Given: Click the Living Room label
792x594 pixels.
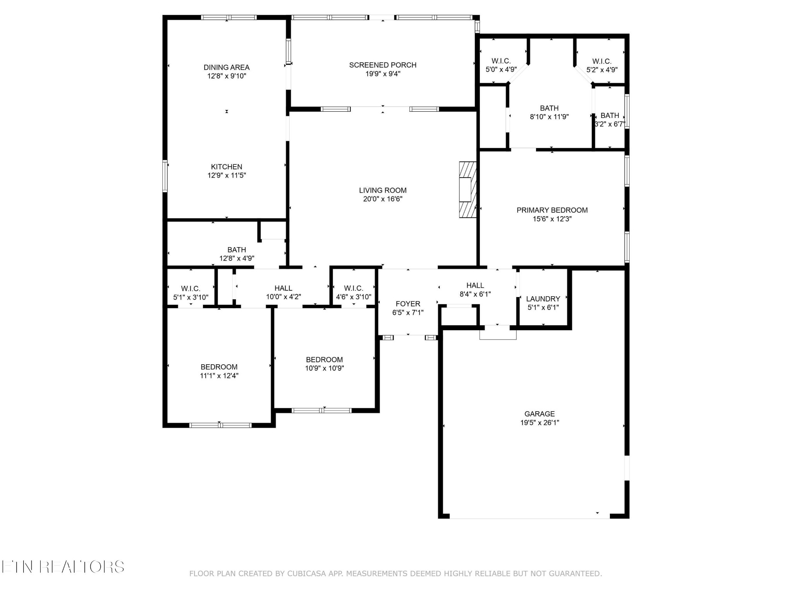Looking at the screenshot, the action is click(x=382, y=190).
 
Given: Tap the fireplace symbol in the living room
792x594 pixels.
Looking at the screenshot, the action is click(x=468, y=189).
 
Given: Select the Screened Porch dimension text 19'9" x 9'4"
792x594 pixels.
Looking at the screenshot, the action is click(x=382, y=73).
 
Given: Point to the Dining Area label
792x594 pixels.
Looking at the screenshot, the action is click(x=227, y=67).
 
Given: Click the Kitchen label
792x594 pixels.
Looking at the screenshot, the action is click(x=227, y=167).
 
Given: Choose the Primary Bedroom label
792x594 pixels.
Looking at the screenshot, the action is click(x=552, y=210).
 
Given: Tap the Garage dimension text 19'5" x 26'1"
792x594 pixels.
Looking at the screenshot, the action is click(x=539, y=423).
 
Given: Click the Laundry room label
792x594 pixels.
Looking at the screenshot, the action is click(x=543, y=299).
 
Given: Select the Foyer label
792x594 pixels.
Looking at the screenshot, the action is click(x=408, y=304).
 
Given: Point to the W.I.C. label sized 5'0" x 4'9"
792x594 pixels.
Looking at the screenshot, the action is click(x=501, y=61).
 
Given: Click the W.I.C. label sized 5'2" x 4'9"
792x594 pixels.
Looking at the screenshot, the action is click(x=602, y=61).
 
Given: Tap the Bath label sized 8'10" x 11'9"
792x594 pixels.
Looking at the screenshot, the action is click(x=549, y=108).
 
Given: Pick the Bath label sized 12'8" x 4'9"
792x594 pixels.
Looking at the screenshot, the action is click(x=237, y=250).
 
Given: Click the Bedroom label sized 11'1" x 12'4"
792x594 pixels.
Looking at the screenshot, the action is click(x=219, y=367).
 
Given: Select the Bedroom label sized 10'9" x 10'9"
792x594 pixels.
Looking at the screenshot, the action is click(x=324, y=360).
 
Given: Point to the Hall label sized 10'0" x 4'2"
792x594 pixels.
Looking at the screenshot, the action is click(x=283, y=288).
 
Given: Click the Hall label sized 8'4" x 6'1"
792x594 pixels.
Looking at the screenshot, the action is click(x=475, y=285).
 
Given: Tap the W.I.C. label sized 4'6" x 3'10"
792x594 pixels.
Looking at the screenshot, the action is click(x=353, y=288).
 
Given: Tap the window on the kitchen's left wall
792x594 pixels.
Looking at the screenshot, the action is click(x=165, y=176).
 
